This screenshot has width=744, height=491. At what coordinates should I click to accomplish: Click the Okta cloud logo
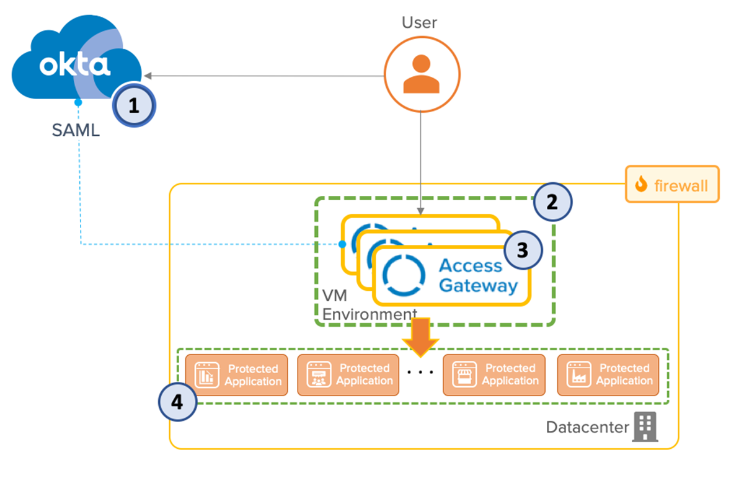pos(74,65)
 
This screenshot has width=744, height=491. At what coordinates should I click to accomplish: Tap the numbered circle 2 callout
pos(552,201)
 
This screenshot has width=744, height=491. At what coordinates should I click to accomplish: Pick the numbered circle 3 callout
pos(523,250)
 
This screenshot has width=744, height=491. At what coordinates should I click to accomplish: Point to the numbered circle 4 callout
pos(177,402)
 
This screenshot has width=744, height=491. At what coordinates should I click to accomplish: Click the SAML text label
pos(76,131)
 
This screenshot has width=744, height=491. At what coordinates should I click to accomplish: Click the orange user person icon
pos(422,74)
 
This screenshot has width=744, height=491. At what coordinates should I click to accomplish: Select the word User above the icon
pos(419,23)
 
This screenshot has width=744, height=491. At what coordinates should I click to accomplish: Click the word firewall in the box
pos(682,185)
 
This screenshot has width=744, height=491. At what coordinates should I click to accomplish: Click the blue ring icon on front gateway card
pos(404,275)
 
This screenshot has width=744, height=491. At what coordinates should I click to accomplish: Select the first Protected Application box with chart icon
pos(236,375)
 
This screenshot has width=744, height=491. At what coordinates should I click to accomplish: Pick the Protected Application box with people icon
pos(348,375)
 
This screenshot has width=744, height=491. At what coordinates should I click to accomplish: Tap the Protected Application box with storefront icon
pos(494,375)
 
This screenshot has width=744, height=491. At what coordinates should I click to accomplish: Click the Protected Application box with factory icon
pos(608,375)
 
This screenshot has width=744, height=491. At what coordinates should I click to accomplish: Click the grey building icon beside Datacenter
pos(644,427)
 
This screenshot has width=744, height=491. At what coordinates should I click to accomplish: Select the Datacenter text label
pos(587,427)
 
